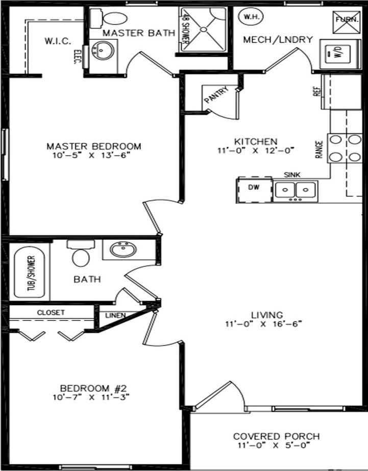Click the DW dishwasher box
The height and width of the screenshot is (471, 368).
tap(254, 189)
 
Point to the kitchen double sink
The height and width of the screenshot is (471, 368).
tap(295, 190)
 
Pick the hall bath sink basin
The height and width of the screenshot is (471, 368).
tap(123, 250)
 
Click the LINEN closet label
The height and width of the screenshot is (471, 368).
tap(115, 315)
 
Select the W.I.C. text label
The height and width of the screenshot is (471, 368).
tap(57, 40)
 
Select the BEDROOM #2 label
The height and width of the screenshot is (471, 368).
tap(90, 387)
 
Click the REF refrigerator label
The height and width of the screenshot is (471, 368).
tap(316, 91)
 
